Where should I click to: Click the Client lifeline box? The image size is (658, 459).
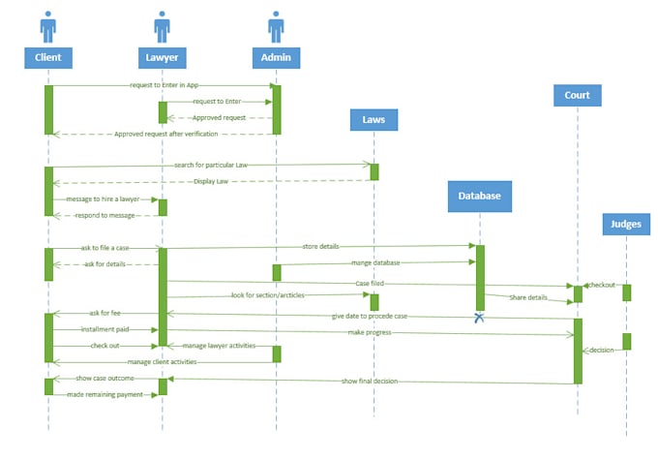pos(47,57)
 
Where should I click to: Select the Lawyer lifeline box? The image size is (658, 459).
pos(162,57)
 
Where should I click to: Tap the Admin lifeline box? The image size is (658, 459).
pos(276,57)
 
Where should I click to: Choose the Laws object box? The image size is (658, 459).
pos(374,119)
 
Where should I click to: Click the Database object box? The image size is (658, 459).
pos(479,196)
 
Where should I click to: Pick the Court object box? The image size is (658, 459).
pos(578,95)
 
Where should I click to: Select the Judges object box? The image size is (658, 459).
pos(626,224)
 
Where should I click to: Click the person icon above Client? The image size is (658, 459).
pos(47,27)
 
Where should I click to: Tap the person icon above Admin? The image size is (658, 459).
pos(276,27)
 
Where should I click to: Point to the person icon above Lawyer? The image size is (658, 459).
pos(162,27)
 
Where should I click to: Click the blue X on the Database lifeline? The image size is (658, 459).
pos(479,317)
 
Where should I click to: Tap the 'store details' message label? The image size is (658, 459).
pos(320,247)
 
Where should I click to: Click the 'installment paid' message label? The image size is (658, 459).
pos(105,329)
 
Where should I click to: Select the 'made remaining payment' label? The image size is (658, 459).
pos(105,394)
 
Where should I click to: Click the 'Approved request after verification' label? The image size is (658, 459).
pos(165,134)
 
